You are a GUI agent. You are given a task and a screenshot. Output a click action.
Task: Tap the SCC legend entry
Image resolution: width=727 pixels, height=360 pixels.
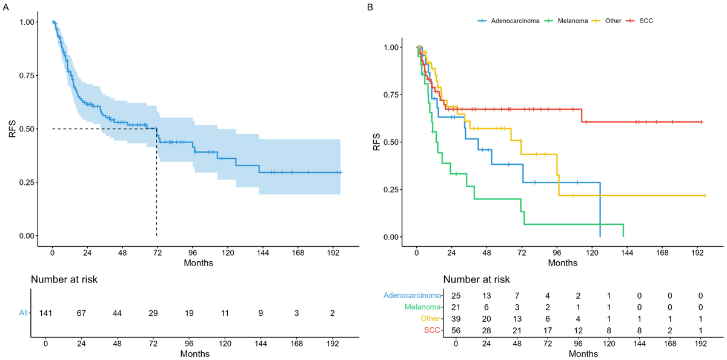coord(646,21)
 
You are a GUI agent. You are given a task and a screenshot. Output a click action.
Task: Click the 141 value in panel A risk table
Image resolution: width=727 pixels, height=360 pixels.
coord(45,313)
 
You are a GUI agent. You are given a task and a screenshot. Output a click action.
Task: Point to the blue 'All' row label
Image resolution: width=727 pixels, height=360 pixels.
coord(24,313)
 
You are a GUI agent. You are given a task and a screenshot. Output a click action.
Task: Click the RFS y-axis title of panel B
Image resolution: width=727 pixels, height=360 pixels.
coord(377,141)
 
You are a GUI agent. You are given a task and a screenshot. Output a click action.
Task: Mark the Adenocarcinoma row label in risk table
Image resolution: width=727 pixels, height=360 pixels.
coord(411,295)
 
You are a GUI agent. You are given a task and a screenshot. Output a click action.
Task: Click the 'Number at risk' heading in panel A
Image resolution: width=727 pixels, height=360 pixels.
coord(64,280)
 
